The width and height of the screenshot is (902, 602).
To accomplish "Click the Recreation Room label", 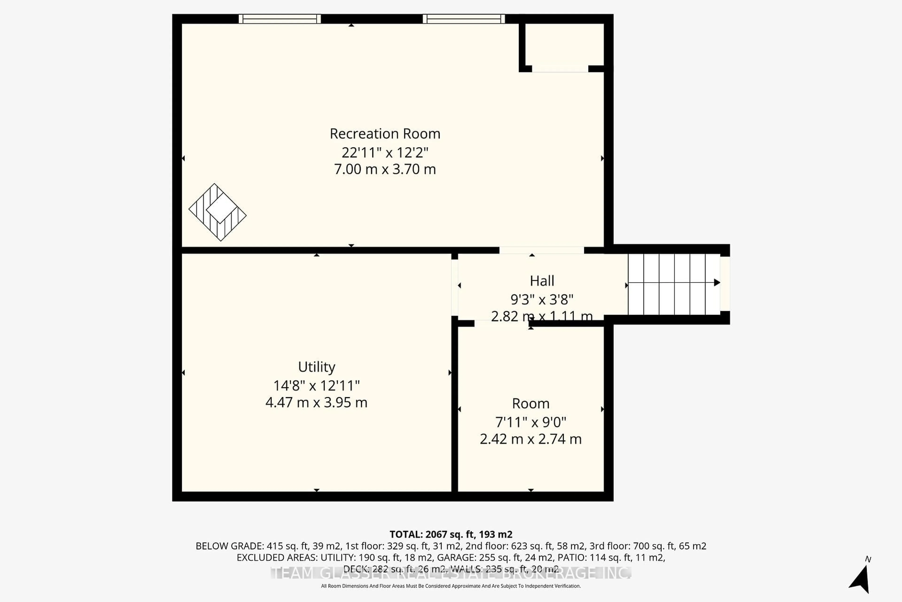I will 385,134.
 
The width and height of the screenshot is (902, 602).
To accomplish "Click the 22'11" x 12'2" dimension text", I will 385,152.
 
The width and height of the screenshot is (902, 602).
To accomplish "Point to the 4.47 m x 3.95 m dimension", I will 316,402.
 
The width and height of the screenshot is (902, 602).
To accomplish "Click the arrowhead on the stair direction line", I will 716,283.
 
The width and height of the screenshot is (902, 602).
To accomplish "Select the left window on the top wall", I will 280,19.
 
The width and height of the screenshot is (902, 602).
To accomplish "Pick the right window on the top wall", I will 464,19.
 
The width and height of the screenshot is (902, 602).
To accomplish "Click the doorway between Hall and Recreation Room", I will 541,250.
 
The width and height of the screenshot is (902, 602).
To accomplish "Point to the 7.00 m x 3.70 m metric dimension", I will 385,169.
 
